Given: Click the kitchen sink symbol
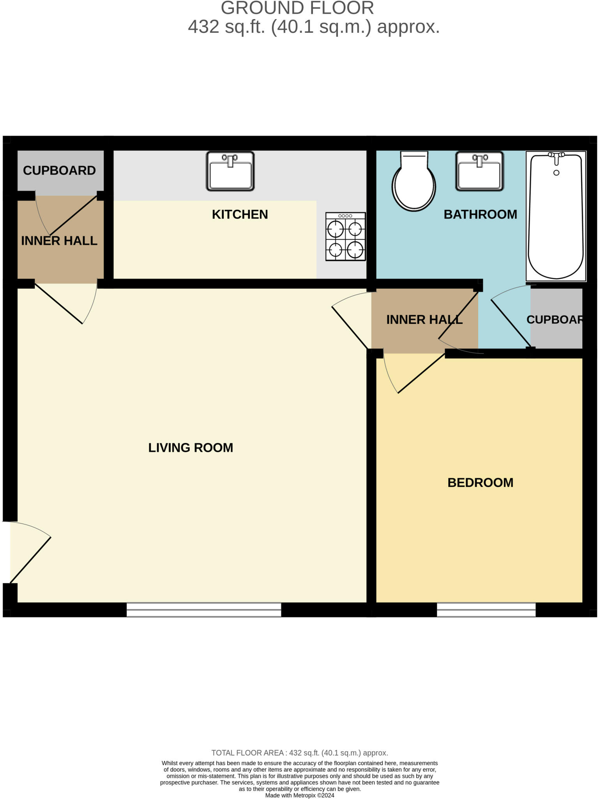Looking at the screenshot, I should tap(230, 171).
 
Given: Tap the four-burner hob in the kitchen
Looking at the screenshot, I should tap(345, 237).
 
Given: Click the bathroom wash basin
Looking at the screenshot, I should tap(480, 171).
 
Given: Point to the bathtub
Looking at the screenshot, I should tap(556, 218).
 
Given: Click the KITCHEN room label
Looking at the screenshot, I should tap(240, 214).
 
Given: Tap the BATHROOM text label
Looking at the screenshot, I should tap(480, 214).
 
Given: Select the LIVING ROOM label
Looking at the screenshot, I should tap(191, 447).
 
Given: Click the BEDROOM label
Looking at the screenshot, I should tap(480, 483).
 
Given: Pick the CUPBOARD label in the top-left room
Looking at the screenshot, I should tap(59, 170).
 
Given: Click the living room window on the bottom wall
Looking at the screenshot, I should tap(203, 609).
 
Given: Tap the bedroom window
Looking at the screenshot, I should tap(486, 609).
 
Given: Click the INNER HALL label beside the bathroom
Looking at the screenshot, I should tap(424, 320).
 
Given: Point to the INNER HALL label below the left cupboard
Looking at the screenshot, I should tap(59, 241).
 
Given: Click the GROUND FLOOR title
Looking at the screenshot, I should tap(297, 8).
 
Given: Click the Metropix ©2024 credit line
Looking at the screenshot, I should tap(300, 795).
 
